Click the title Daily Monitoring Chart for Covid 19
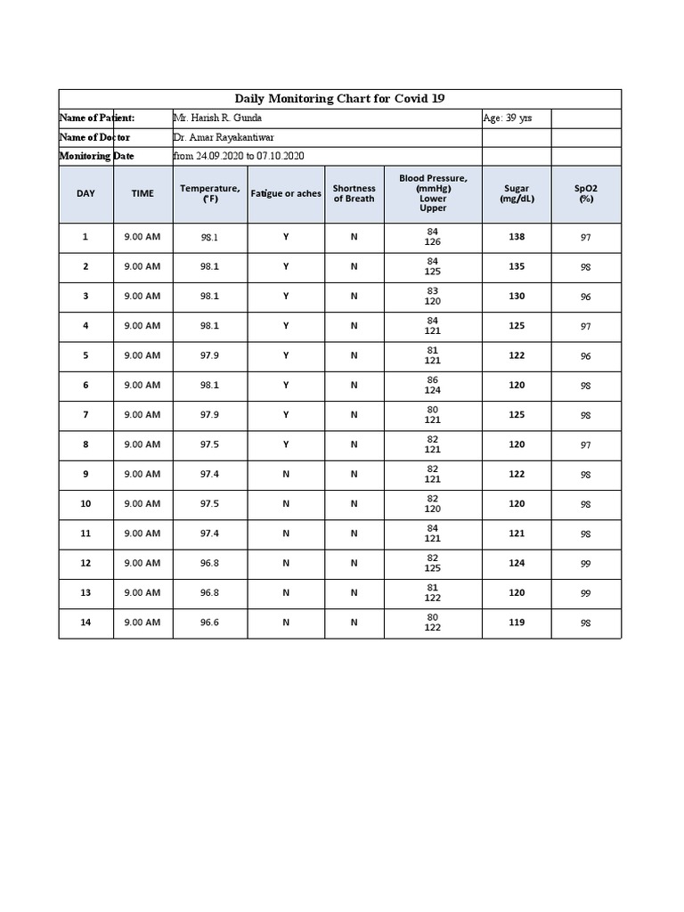tap(339, 99)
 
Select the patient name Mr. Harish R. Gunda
tap(218, 118)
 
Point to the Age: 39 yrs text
tap(508, 118)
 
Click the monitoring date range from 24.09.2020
tap(240, 156)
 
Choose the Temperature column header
tap(209, 193)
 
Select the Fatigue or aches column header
tap(286, 193)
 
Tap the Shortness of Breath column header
tap(354, 193)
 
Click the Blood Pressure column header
tap(433, 193)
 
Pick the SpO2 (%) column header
tap(585, 193)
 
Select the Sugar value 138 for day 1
tap(517, 237)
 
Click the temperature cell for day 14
tap(209, 623)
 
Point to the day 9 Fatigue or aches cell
tap(286, 474)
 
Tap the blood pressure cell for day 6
tap(433, 385)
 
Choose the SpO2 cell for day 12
tap(585, 563)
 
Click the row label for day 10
tap(85, 504)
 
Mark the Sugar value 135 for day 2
tap(517, 266)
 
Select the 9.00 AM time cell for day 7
tap(142, 415)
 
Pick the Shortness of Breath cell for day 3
tap(354, 297)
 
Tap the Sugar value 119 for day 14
tap(517, 623)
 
